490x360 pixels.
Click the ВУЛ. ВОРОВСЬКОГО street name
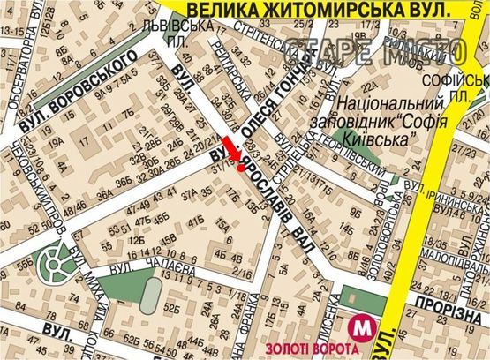[79, 89]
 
